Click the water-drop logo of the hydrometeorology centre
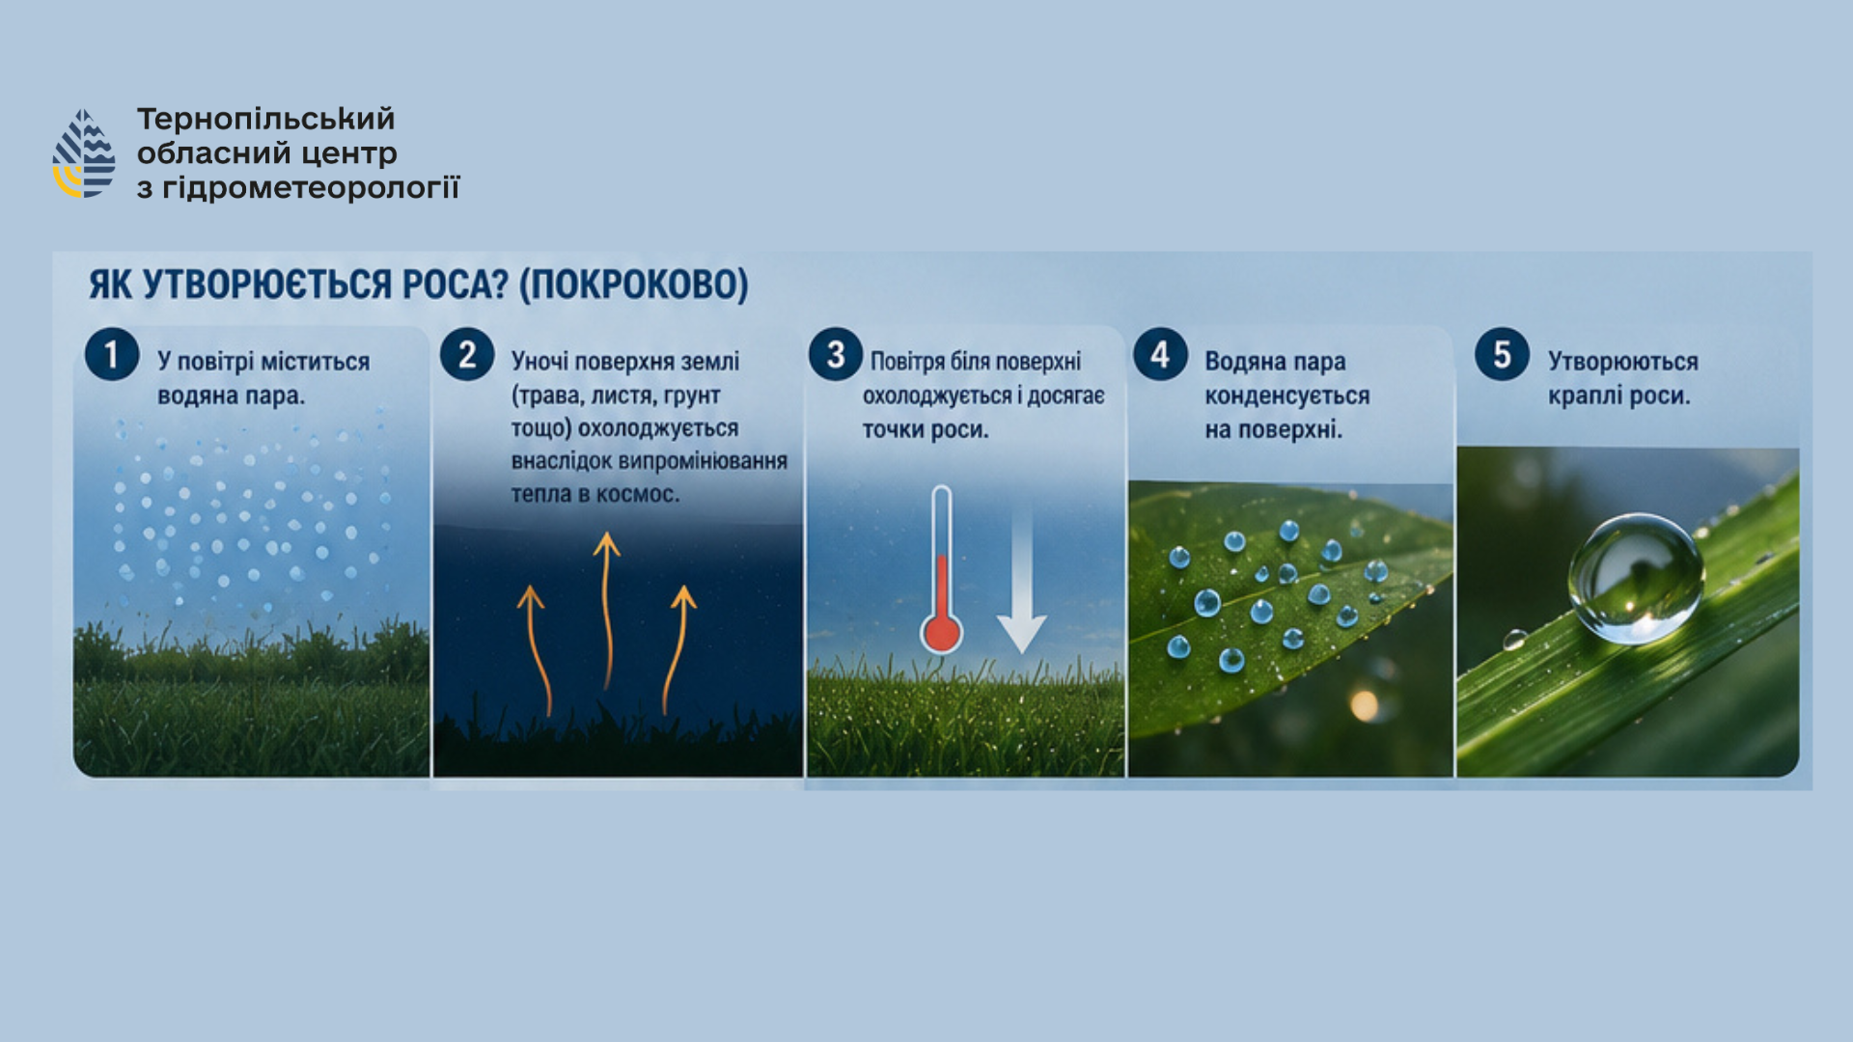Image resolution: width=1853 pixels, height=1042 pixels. point(84,153)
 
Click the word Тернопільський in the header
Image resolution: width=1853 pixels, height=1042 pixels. point(265,120)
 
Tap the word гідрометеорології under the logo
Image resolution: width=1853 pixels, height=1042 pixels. point(311,187)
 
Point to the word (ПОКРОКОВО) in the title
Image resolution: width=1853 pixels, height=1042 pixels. point(634,285)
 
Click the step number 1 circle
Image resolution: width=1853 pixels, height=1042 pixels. point(112,354)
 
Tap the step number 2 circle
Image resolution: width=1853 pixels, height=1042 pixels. point(467,354)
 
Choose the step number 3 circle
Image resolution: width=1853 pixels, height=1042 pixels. point(836,354)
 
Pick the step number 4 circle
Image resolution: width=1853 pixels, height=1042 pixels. point(1160,354)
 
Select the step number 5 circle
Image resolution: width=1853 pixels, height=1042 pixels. point(1502,354)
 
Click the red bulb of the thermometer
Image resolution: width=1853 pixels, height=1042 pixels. point(941,633)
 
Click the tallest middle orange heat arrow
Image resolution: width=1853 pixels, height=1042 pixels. point(607,610)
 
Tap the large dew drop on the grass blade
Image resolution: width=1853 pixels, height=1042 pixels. point(1636,578)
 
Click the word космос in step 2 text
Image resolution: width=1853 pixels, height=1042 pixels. point(640,494)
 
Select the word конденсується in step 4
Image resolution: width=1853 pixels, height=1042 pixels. point(1287,396)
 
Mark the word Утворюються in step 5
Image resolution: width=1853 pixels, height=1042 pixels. point(1623,362)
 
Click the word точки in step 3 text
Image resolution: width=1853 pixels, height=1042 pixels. point(893,430)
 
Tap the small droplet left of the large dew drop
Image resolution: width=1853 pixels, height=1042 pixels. point(1514,639)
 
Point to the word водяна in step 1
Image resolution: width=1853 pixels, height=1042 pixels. point(190,396)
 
